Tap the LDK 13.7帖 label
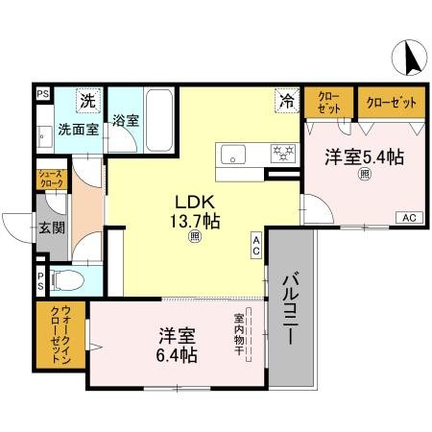click(x=196, y=212)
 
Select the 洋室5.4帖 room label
click(x=364, y=158)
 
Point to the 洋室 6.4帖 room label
click(x=178, y=346)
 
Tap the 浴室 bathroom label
click(x=125, y=122)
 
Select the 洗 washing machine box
click(x=88, y=100)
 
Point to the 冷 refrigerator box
click(x=286, y=99)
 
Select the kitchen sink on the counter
click(x=235, y=154)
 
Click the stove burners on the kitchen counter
click(x=282, y=152)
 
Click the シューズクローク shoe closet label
click(x=52, y=180)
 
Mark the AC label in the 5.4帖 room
click(x=408, y=217)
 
